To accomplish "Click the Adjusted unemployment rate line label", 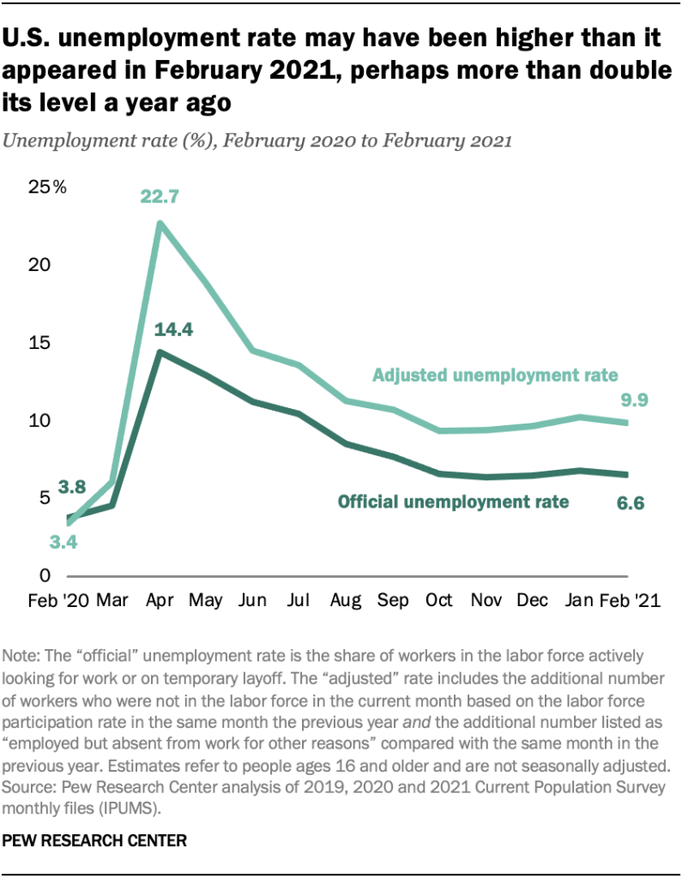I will (x=496, y=375).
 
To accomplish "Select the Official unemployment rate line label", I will (x=454, y=502).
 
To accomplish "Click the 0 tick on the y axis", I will (x=45, y=575).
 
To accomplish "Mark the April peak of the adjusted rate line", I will (x=160, y=223).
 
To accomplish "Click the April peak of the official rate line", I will (x=160, y=352).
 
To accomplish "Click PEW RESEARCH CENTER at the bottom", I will (x=96, y=842).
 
